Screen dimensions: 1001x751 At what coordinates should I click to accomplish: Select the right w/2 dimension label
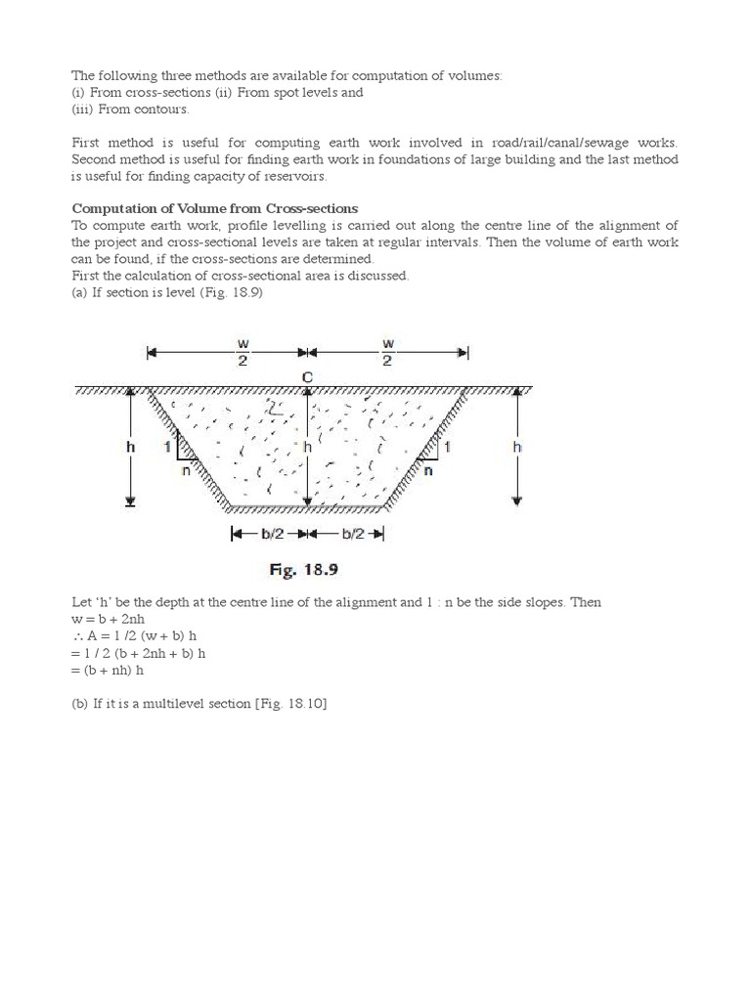coord(387,353)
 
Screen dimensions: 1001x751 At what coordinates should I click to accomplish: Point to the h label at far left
coord(130,446)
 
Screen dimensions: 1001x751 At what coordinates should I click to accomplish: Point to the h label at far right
coord(517,446)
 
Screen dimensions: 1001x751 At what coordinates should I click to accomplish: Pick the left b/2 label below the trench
coord(266,535)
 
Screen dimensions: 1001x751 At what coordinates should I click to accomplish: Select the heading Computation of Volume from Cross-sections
coord(215,208)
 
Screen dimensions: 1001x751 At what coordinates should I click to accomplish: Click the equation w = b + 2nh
coord(111,619)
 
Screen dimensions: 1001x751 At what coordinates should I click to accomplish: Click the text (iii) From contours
coord(130,109)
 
